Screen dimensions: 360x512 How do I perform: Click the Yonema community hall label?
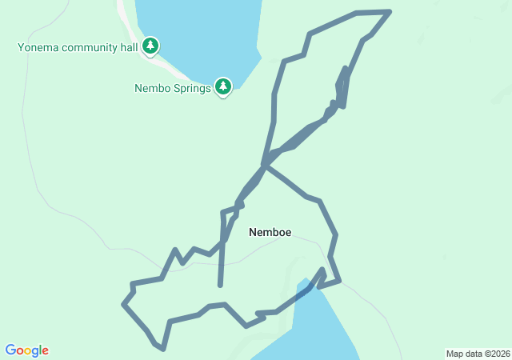click(78, 47)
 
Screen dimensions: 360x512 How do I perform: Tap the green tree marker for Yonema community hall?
click(150, 46)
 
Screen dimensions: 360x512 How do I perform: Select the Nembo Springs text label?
click(172, 88)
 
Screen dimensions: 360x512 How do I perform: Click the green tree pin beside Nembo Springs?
click(223, 86)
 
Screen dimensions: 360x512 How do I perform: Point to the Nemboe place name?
click(270, 233)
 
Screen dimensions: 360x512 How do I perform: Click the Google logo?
click(26, 350)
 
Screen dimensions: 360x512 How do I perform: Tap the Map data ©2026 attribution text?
click(476, 354)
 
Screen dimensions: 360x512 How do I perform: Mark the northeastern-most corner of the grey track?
click(390, 11)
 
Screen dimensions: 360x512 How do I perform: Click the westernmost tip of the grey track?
click(123, 304)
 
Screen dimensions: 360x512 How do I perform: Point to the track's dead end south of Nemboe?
click(220, 285)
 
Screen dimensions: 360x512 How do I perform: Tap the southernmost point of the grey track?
click(162, 349)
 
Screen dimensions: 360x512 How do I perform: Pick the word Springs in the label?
click(193, 88)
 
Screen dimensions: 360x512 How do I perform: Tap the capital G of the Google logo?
click(11, 350)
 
